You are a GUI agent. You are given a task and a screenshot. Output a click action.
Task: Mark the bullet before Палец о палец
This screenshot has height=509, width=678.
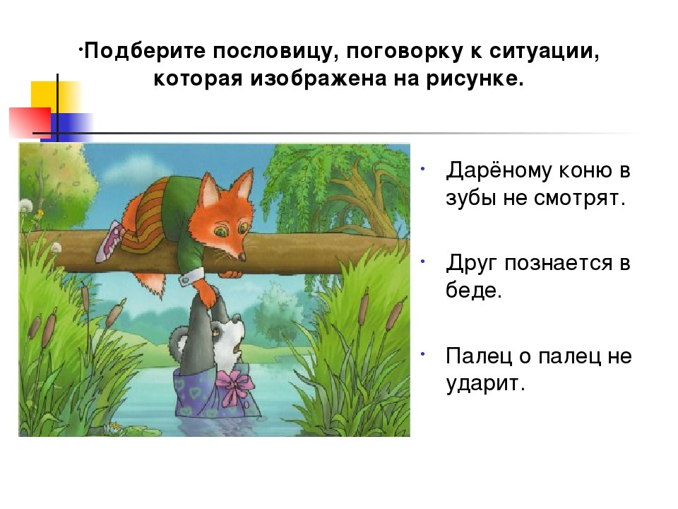422,352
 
